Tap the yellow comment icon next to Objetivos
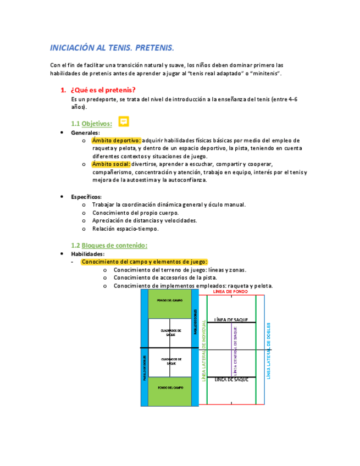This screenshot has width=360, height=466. tap(124, 121)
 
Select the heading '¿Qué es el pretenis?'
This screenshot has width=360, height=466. tap(102, 90)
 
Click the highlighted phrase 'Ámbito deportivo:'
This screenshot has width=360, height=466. tap(117, 140)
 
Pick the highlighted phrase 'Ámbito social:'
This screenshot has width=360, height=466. tap(111, 164)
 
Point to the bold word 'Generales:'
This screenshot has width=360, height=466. tap(85, 132)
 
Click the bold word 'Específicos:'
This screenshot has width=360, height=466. tap(86, 196)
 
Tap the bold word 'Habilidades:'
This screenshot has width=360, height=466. tap(87, 254)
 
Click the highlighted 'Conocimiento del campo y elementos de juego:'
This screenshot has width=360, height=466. tap(144, 262)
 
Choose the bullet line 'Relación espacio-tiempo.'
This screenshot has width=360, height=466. tap(125, 229)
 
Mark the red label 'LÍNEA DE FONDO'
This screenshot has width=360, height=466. tap(226, 292)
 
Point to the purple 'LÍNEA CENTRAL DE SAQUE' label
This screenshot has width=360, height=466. tap(235, 350)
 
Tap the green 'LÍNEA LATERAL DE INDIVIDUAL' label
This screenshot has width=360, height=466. tap(204, 350)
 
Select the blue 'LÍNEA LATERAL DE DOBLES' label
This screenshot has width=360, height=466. tap(269, 350)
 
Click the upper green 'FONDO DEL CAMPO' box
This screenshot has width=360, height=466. tap(170, 302)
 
